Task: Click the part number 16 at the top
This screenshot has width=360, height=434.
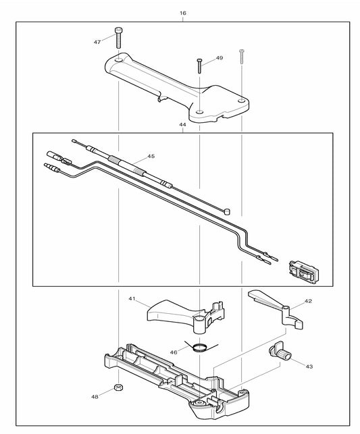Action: (x=183, y=13)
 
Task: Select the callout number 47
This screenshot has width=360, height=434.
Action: (x=97, y=42)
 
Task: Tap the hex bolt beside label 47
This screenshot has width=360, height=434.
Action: (x=120, y=39)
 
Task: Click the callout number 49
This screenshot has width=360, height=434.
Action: (x=220, y=59)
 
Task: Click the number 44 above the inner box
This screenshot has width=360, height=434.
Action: (x=183, y=125)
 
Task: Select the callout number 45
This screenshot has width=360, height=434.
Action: (x=151, y=157)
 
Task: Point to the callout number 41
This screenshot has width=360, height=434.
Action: (x=132, y=298)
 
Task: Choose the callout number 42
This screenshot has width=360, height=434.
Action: (x=308, y=301)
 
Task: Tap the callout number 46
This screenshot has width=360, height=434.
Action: (x=174, y=352)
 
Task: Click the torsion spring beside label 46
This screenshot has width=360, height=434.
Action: (x=200, y=348)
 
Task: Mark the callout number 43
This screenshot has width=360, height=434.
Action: (x=309, y=367)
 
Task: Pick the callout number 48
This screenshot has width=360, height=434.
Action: (x=95, y=396)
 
